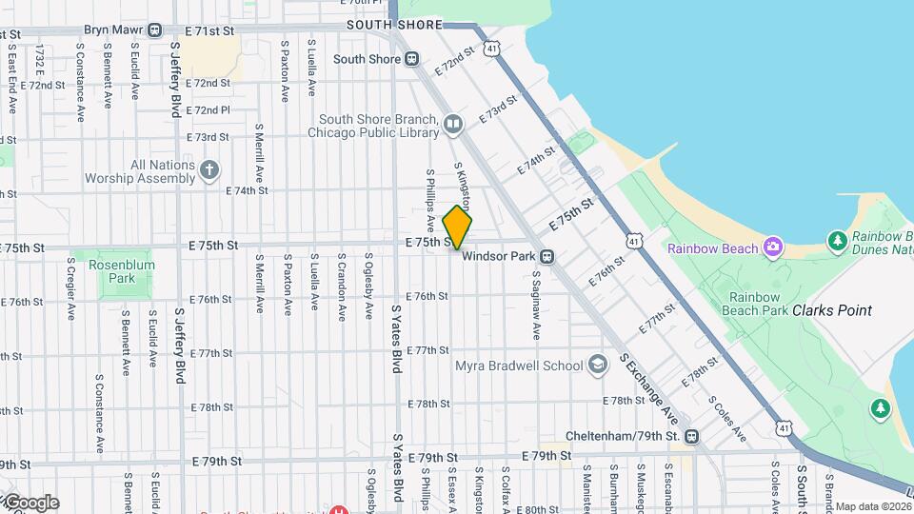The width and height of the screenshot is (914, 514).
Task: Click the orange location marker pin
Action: click(457, 227)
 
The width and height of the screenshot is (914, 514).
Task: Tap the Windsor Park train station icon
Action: click(547, 257)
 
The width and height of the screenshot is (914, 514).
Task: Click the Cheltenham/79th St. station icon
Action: click(691, 437)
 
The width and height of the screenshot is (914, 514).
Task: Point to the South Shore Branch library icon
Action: click(454, 124)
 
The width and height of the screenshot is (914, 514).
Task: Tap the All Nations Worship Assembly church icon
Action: click(209, 171)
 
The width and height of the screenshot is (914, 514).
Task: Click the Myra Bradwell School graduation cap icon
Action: click(597, 366)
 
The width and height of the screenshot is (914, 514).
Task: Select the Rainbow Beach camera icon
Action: click(772, 247)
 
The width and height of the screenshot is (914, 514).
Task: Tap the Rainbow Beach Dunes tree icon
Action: click(838, 240)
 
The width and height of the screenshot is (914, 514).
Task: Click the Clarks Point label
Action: click(832, 310)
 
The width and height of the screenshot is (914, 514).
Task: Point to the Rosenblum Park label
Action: click(120, 272)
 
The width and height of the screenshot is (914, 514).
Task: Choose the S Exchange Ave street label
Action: click(648, 389)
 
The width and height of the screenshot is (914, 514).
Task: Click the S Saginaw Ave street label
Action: click(536, 306)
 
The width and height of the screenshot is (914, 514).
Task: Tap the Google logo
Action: click(30, 503)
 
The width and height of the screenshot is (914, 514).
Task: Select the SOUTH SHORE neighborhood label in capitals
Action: click(394, 25)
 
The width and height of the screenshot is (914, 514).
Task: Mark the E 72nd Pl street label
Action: click(208, 110)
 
